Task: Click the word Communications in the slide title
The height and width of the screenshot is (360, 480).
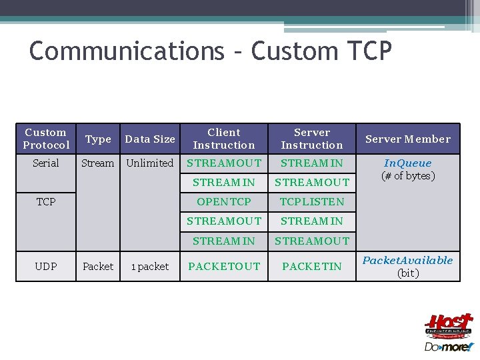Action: point(127,51)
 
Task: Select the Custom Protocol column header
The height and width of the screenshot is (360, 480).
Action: point(46,139)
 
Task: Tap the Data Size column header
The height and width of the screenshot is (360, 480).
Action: point(150,139)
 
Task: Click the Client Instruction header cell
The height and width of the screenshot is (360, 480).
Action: point(224,139)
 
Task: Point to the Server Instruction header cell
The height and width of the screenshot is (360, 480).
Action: point(312,139)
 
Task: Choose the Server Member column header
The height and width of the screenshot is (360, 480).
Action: point(407,139)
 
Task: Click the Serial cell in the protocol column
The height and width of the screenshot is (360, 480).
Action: point(46,163)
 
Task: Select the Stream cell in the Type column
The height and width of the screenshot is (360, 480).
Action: point(98,163)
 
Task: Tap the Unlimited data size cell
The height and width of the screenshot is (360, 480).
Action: point(150,163)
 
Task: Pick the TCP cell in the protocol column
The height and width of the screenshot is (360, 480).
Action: point(46,201)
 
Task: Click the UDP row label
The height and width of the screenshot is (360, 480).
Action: point(46,267)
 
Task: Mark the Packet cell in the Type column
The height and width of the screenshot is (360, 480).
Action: point(98,267)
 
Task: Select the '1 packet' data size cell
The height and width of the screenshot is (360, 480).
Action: point(150,267)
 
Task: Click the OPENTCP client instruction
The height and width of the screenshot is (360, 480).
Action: point(224,201)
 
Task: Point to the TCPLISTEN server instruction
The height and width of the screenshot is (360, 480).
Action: point(312,201)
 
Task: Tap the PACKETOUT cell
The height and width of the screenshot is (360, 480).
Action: point(224,267)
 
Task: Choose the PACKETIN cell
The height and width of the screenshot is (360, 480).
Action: point(312,267)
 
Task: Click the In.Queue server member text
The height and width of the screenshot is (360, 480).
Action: point(407,163)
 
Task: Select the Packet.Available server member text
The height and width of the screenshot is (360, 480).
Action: point(407,261)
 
